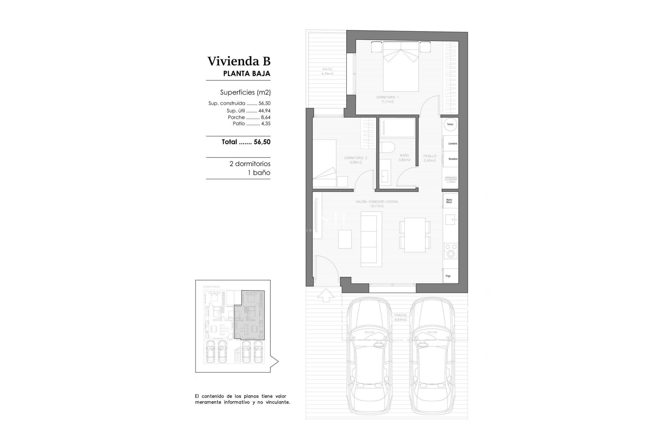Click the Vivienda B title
click(x=239, y=61)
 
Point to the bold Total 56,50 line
click(x=246, y=142)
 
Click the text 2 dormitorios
click(x=250, y=164)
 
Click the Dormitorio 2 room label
click(x=356, y=160)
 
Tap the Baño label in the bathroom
click(x=404, y=157)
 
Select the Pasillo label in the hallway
click(x=430, y=158)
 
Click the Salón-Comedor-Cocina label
click(x=377, y=204)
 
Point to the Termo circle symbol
click(x=450, y=125)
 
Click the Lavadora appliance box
click(x=451, y=143)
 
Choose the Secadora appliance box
click(x=451, y=159)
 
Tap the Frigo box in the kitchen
click(x=451, y=275)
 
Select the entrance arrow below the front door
click(x=326, y=295)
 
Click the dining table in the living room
click(x=415, y=235)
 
